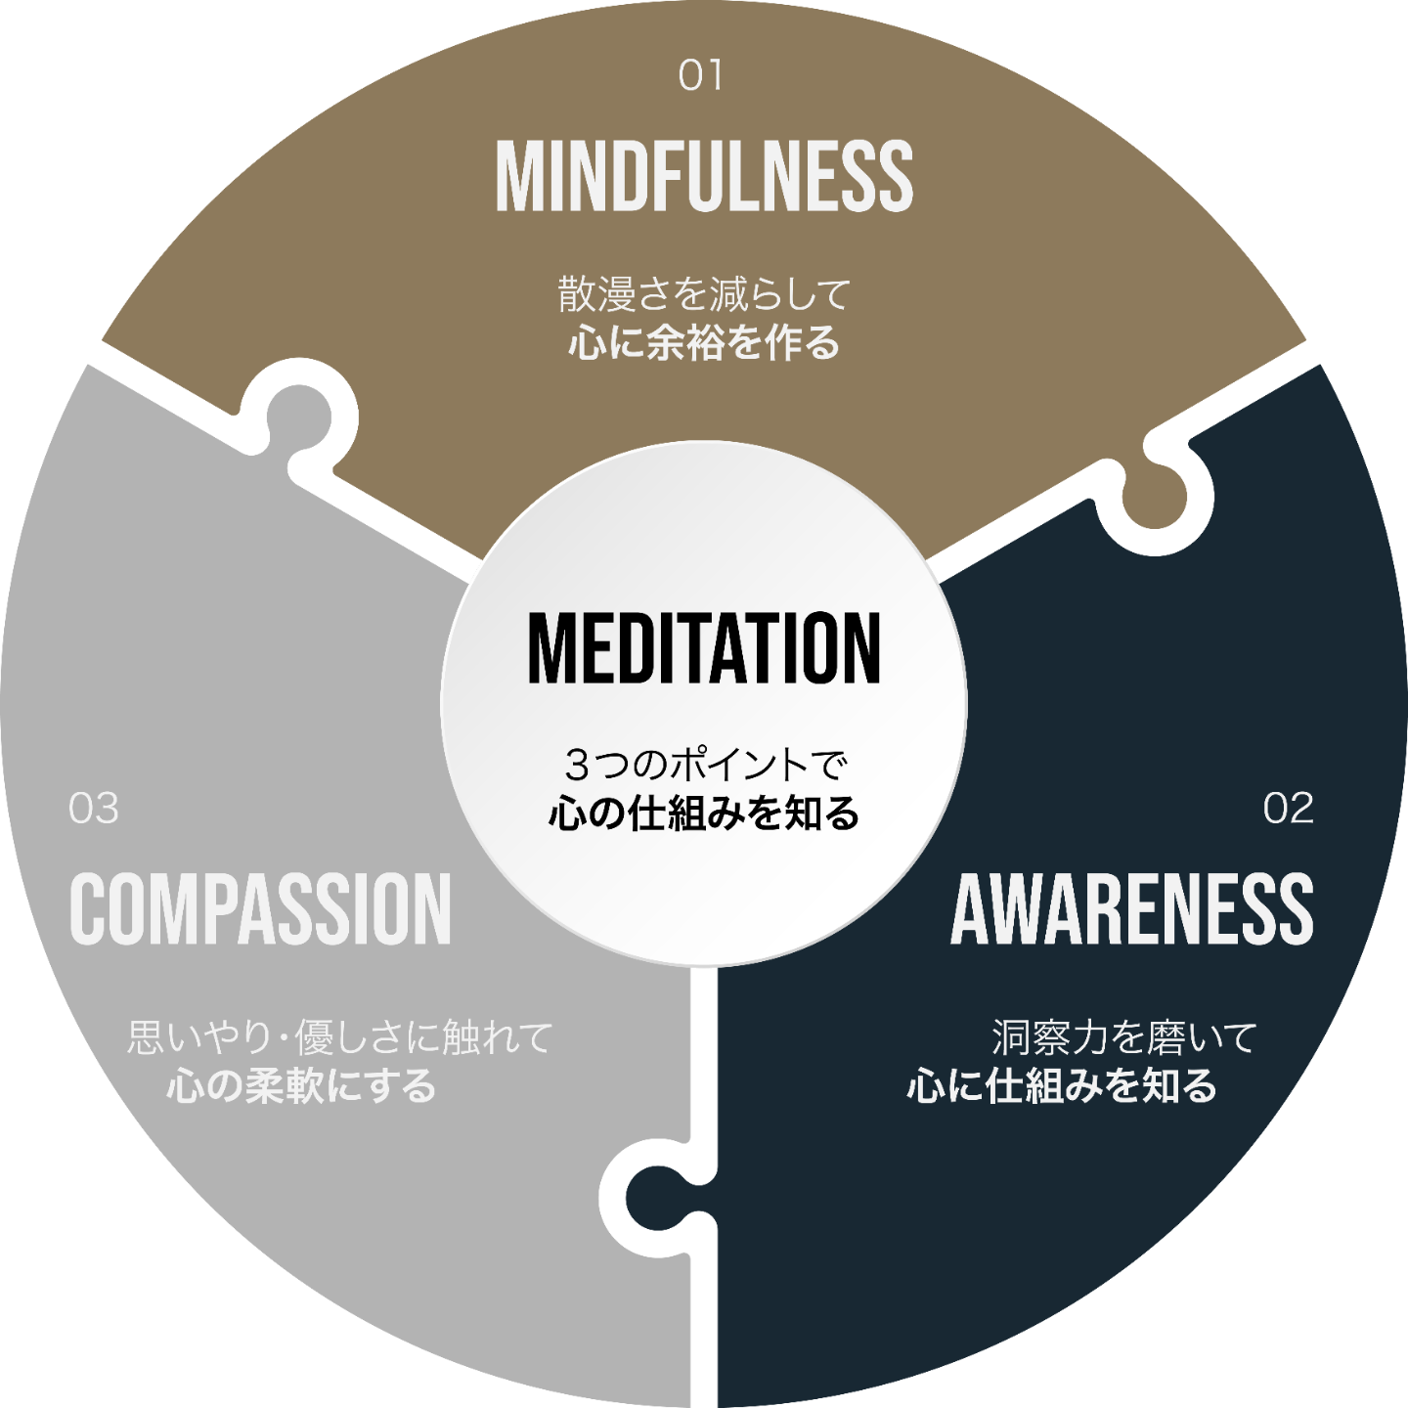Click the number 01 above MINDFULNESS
[x=700, y=76]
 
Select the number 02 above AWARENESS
[x=1288, y=809]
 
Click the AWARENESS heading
[x=1131, y=909]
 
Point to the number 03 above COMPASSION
[x=94, y=809]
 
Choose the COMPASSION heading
[x=260, y=909]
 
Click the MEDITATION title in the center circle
[x=704, y=648]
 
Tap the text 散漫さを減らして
[x=704, y=294]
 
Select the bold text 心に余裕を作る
[x=704, y=343]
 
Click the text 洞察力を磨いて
[x=1123, y=1037]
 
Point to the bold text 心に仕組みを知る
[x=1062, y=1086]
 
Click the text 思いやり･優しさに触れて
[x=340, y=1037]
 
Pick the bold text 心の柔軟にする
[x=301, y=1086]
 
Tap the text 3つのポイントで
[x=704, y=765]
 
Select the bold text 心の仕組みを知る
[x=704, y=814]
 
